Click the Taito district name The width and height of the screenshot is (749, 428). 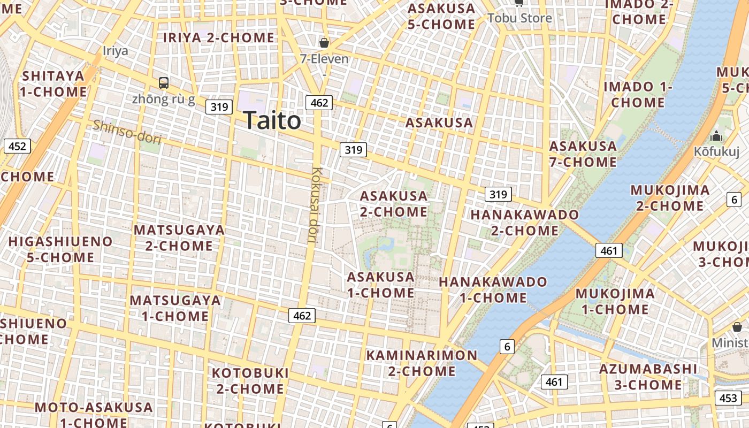click(x=272, y=120)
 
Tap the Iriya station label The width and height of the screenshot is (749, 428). click(x=116, y=51)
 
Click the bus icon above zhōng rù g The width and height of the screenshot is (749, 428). click(x=164, y=83)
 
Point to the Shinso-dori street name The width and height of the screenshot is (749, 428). click(x=127, y=132)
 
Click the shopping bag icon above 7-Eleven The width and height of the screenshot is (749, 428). click(x=324, y=43)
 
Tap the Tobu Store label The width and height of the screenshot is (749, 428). click(x=519, y=18)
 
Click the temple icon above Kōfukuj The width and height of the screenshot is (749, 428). click(x=716, y=136)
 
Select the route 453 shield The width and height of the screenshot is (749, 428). click(x=728, y=398)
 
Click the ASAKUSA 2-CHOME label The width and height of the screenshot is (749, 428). click(x=394, y=204)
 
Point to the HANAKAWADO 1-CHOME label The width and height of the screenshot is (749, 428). click(x=493, y=289)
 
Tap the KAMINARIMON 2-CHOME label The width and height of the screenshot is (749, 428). click(x=422, y=363)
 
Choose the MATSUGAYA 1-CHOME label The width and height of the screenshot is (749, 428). click(x=175, y=308)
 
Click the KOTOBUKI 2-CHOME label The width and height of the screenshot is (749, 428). click(x=250, y=380)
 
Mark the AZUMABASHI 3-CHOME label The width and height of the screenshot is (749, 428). click(x=648, y=377)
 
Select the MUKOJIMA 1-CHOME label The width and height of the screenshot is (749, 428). click(x=615, y=301)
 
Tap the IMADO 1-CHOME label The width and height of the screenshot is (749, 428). click(x=637, y=94)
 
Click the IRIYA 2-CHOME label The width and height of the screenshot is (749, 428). click(x=218, y=37)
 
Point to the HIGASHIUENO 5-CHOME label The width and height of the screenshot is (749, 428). click(x=60, y=249)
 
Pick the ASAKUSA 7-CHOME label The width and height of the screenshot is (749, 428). click(x=583, y=154)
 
